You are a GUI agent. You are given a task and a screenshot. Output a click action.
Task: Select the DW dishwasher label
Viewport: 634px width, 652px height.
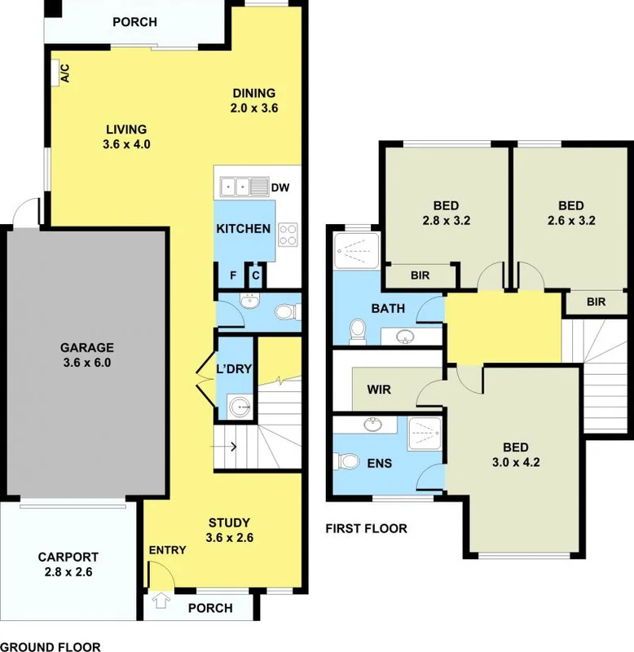(x=280, y=187)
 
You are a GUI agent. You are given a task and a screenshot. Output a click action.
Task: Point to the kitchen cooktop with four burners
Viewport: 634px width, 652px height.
(x=288, y=235)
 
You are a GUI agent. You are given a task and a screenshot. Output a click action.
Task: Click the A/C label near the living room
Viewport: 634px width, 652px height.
(x=65, y=73)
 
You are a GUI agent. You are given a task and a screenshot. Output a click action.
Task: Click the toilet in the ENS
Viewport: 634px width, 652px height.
(x=348, y=462)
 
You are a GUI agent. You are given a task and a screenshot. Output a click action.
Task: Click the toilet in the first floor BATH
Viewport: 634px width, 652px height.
(x=356, y=330)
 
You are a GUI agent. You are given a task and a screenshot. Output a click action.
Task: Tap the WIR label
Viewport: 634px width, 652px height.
(x=380, y=390)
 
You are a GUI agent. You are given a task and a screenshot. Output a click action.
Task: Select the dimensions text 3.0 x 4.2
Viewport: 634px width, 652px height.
(x=516, y=462)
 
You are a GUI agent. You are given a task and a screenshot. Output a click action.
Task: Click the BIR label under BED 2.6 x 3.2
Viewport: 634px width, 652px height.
(x=597, y=302)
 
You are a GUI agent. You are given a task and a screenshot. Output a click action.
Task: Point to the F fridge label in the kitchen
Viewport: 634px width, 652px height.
(x=233, y=275)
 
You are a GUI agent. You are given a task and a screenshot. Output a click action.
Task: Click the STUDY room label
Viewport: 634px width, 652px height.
(x=229, y=522)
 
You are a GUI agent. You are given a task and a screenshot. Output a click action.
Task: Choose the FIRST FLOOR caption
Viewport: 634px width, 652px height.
(x=366, y=528)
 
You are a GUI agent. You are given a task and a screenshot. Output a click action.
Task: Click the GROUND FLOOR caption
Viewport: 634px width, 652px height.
(x=51, y=646)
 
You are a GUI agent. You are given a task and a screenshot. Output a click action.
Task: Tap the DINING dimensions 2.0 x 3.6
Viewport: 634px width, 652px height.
(x=255, y=108)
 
